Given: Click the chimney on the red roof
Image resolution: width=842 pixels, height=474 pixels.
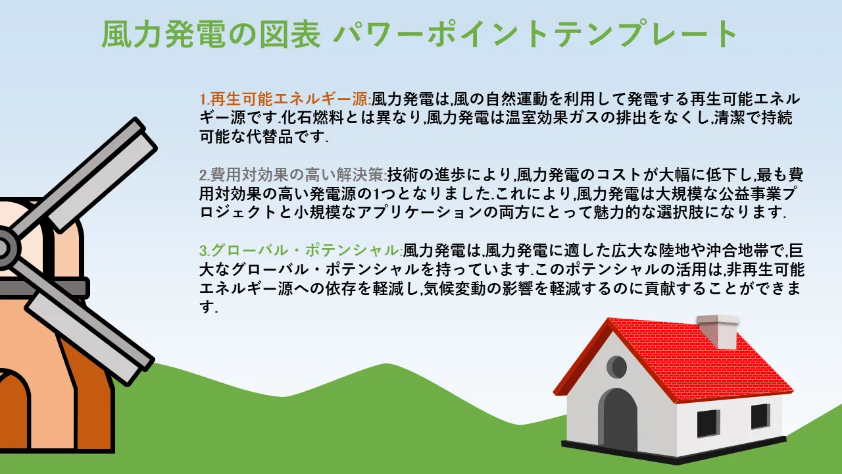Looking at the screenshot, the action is pos(718,331).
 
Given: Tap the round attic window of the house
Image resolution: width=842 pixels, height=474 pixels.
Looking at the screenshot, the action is pos(617,367).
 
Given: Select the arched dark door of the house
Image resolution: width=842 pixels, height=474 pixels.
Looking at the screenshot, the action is pos(618,420).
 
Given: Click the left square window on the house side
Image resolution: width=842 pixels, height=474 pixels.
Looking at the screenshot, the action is pos(708,423).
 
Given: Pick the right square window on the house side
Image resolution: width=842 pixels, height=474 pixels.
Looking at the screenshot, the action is pos(760,417).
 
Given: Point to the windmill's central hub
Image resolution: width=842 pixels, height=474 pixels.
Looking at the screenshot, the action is pos(3,248).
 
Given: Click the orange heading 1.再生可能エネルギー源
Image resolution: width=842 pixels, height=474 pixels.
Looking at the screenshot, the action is pos(285,99).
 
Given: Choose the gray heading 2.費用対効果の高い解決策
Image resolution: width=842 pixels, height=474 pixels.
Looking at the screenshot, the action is pos(293,174).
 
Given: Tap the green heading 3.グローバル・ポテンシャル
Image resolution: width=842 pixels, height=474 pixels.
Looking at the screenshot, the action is pos(301,250).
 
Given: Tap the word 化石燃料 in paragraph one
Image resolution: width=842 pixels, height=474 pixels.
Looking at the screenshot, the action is pos(312,118).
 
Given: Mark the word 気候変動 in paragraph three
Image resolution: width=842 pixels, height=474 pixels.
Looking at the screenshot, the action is pos(455,288).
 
